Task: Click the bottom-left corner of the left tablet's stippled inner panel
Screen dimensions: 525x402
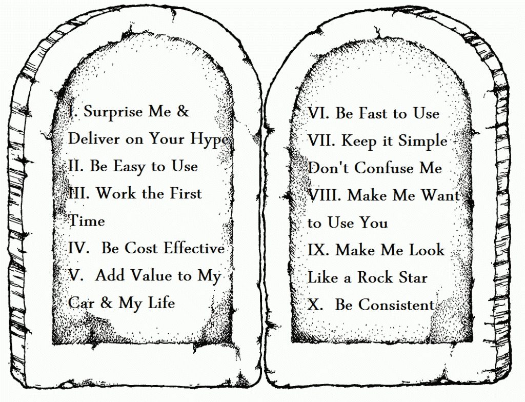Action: pyautogui.click(x=53, y=344)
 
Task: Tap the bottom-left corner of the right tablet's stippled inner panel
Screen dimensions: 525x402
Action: pyautogui.click(x=292, y=341)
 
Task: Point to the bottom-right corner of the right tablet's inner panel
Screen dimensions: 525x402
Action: pyautogui.click(x=472, y=341)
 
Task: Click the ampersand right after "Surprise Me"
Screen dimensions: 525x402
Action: pyautogui.click(x=183, y=111)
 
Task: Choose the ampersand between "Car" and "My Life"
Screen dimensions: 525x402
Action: pyautogui.click(x=106, y=303)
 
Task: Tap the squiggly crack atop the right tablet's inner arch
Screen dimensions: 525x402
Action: pyautogui.click(x=379, y=33)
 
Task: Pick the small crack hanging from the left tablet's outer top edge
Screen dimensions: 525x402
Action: pyautogui.click(x=173, y=13)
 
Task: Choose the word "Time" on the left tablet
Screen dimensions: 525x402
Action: pyautogui.click(x=87, y=221)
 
